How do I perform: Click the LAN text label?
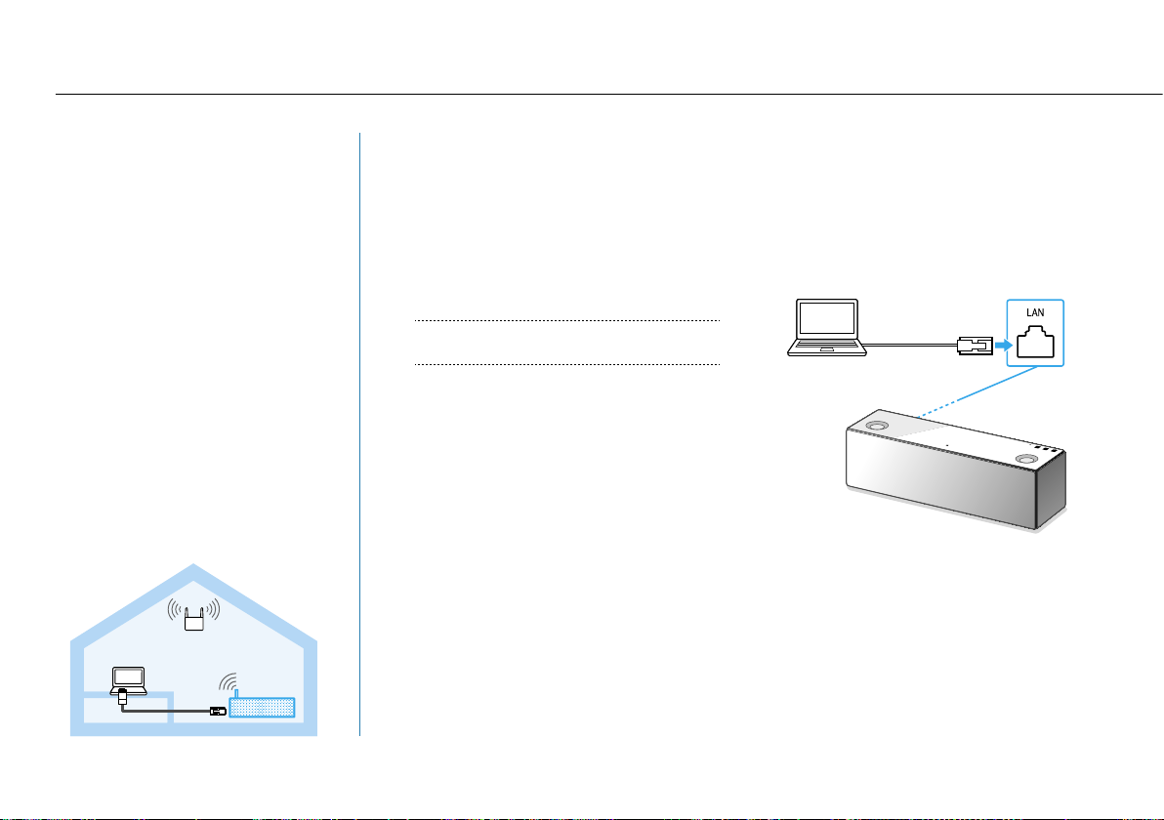click(x=1035, y=313)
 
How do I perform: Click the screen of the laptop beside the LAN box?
click(x=827, y=320)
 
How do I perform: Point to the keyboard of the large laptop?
click(x=827, y=348)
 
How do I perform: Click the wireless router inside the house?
click(x=192, y=617)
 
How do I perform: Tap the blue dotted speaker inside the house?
click(x=261, y=707)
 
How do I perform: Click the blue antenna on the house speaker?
click(x=234, y=691)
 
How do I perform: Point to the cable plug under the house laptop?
click(x=123, y=699)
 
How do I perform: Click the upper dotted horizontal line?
click(x=566, y=320)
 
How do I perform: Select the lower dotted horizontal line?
click(x=566, y=365)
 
